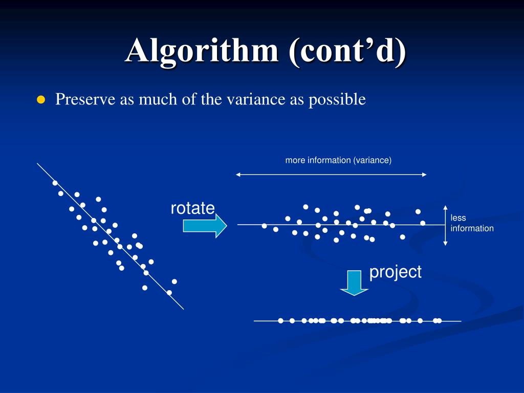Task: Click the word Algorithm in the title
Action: coord(202,51)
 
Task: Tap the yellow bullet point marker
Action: coord(41,100)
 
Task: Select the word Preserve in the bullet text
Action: coord(85,99)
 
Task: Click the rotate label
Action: coord(192,208)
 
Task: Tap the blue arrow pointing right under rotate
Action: coord(205,226)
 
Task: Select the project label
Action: coord(396,272)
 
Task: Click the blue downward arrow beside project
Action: coord(354,282)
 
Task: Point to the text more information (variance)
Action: coord(338,160)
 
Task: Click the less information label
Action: coord(472,223)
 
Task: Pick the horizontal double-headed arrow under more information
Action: coord(331,174)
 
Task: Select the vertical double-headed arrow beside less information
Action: coord(445,226)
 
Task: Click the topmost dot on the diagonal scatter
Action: coord(55,183)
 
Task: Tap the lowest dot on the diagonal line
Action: coord(169,293)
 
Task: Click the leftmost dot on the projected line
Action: coord(281,321)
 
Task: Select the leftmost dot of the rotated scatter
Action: coord(265,226)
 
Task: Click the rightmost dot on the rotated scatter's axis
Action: coord(423,223)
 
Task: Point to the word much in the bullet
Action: coord(157,99)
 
